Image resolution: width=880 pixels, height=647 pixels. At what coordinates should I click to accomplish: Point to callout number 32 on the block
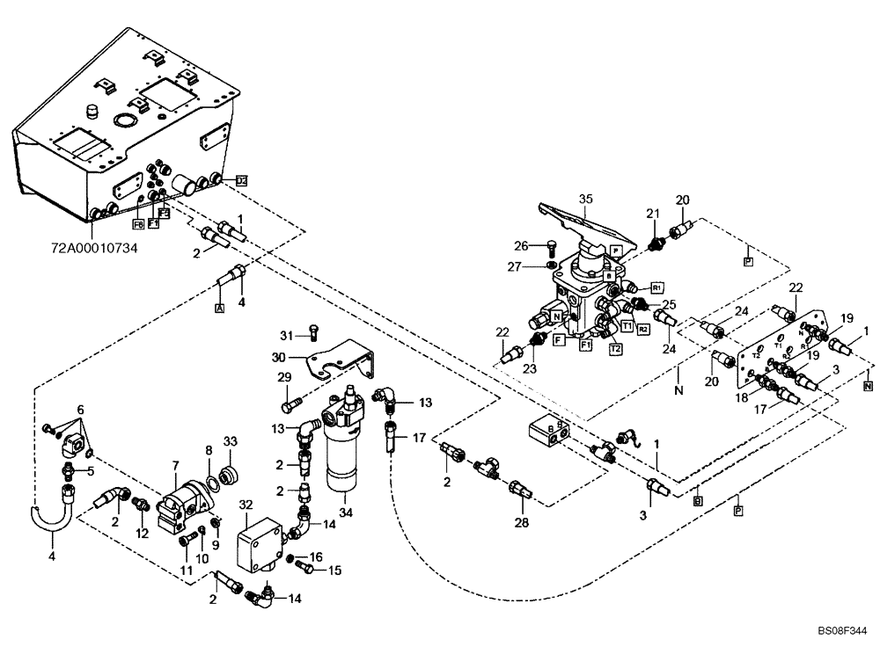click(x=246, y=505)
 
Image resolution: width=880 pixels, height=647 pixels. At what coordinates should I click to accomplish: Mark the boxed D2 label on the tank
click(x=241, y=180)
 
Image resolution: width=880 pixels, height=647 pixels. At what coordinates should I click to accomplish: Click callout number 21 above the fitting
click(x=652, y=214)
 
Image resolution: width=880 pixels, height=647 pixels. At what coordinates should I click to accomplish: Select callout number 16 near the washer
click(x=317, y=556)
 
